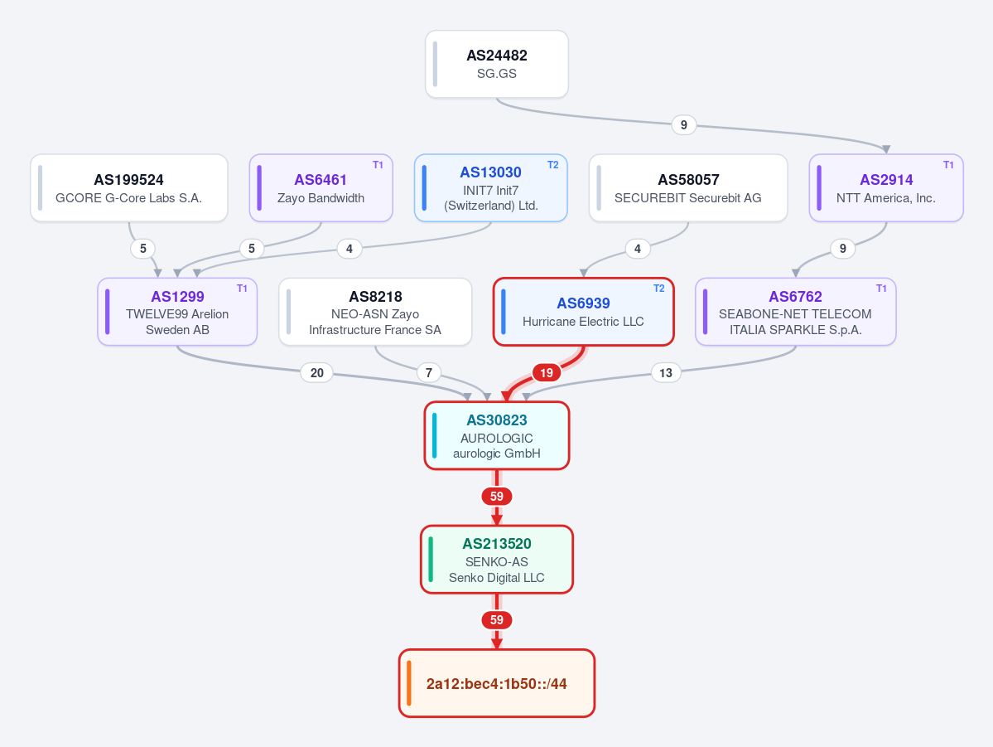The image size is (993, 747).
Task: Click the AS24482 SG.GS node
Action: [x=497, y=64]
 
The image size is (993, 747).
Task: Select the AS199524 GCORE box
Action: [x=129, y=188]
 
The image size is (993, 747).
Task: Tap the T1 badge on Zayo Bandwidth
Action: [x=378, y=165]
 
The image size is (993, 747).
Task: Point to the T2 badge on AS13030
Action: [x=553, y=165]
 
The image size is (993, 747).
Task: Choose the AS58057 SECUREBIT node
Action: [x=688, y=188]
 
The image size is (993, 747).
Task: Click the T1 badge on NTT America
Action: [x=948, y=165]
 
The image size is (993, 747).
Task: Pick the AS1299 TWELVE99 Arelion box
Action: [x=177, y=312]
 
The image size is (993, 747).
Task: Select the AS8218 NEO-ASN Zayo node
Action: [x=375, y=312]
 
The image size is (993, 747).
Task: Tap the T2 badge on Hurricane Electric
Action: [x=658, y=289]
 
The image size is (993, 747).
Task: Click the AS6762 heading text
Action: [x=795, y=297]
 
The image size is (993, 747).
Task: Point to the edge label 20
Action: [x=316, y=373]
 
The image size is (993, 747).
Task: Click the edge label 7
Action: [x=429, y=373]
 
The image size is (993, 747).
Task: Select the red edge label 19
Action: [x=546, y=373]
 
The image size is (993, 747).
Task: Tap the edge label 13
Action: [x=666, y=373]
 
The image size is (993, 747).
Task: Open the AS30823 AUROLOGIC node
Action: [x=497, y=435]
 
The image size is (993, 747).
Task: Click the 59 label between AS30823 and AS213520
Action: [x=497, y=497]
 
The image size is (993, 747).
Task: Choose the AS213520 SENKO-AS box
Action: [x=497, y=560]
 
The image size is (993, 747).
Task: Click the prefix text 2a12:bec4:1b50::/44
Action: [x=497, y=684]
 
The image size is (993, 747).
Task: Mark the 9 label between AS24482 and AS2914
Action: [x=683, y=125]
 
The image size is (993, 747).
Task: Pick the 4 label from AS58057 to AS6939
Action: [x=637, y=249]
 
